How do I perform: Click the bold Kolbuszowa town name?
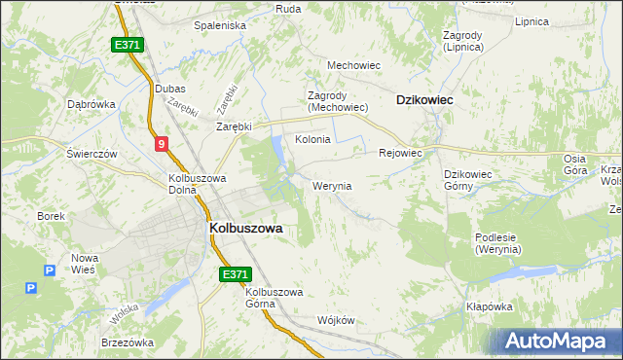tap(245, 228)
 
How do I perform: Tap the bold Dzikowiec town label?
tap(425, 99)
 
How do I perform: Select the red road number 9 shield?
tap(161, 144)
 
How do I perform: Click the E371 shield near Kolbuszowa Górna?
tap(235, 275)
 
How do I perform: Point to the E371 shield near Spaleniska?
tap(128, 45)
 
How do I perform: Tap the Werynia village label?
tap(332, 186)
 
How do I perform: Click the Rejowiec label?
tap(399, 153)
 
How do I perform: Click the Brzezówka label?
tap(128, 342)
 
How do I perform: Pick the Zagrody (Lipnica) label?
tap(462, 40)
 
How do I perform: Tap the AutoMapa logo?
tap(559, 341)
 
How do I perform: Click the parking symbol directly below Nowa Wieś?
tap(32, 289)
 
